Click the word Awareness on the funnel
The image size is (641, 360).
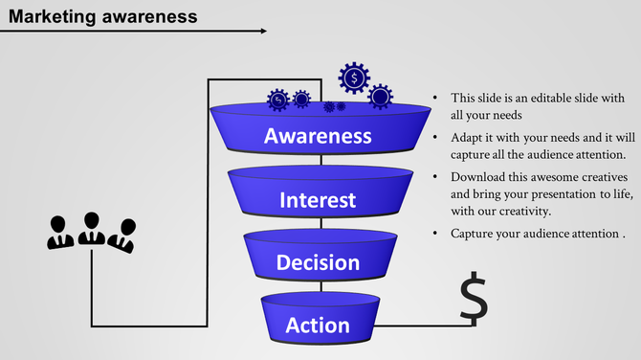pyautogui.click(x=318, y=136)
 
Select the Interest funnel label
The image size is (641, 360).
pyautogui.click(x=318, y=200)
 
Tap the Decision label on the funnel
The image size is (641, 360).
pyautogui.click(x=318, y=262)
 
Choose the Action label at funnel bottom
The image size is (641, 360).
pyautogui.click(x=318, y=326)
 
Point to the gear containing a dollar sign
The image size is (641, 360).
pyautogui.click(x=354, y=77)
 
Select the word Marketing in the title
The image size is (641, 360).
pyautogui.click(x=55, y=15)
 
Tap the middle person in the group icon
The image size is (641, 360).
pyautogui.click(x=92, y=228)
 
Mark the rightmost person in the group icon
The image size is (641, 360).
pyautogui.click(x=122, y=236)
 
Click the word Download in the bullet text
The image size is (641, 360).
pyautogui.click(x=481, y=177)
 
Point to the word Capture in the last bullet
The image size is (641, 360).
pyautogui.click(x=473, y=234)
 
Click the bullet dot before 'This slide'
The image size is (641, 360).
pyautogui.click(x=435, y=99)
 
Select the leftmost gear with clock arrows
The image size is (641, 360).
pyautogui.click(x=277, y=99)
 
